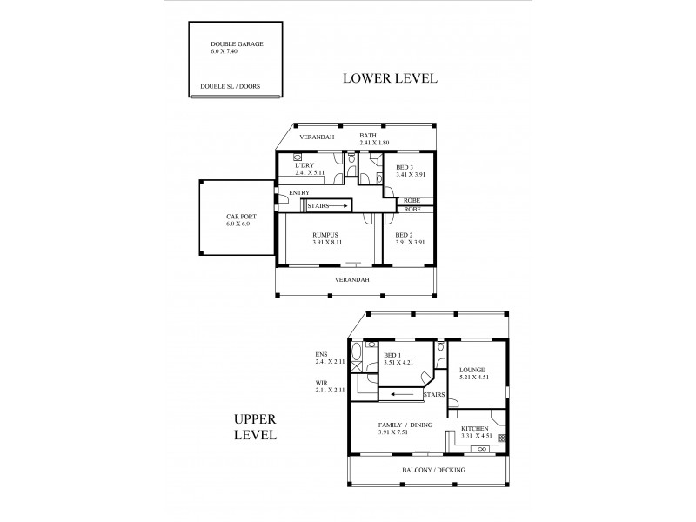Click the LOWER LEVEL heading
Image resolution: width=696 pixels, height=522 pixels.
(390, 78)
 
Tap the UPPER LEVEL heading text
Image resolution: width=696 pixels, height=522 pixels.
(255, 426)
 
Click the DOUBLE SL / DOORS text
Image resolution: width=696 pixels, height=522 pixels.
(230, 87)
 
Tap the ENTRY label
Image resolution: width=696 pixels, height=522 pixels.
(298, 192)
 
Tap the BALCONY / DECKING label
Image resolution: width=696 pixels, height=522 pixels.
(433, 470)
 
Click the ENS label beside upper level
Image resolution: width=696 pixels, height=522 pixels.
(321, 354)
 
